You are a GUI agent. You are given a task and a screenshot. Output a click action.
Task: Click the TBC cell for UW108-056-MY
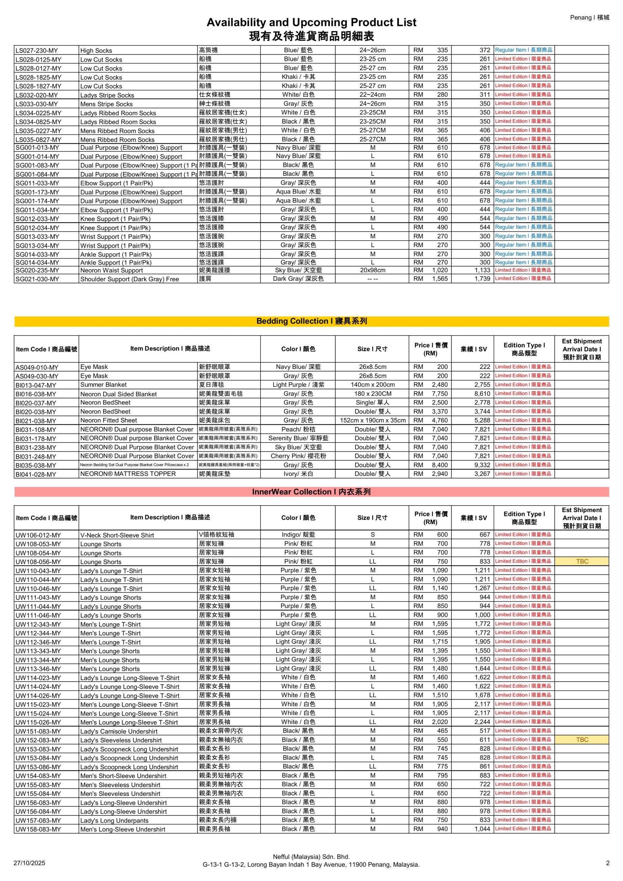click(582, 561)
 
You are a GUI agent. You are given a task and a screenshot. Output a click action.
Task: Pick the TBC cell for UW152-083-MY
click(582, 740)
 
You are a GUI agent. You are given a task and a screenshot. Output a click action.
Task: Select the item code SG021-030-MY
click(37, 279)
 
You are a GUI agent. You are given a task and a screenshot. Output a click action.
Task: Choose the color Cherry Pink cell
click(298, 456)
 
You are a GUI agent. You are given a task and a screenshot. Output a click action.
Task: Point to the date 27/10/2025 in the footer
click(29, 863)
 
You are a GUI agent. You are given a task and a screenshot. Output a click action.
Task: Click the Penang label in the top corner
click(589, 17)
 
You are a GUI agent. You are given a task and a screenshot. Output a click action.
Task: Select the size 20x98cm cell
click(372, 270)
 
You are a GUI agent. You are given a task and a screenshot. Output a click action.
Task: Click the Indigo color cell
click(298, 534)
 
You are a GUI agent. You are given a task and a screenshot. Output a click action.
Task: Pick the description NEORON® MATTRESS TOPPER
click(128, 474)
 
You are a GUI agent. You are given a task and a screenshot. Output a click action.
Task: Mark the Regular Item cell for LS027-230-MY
click(524, 50)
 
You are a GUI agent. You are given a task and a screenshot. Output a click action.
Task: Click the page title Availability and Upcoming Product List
click(311, 22)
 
